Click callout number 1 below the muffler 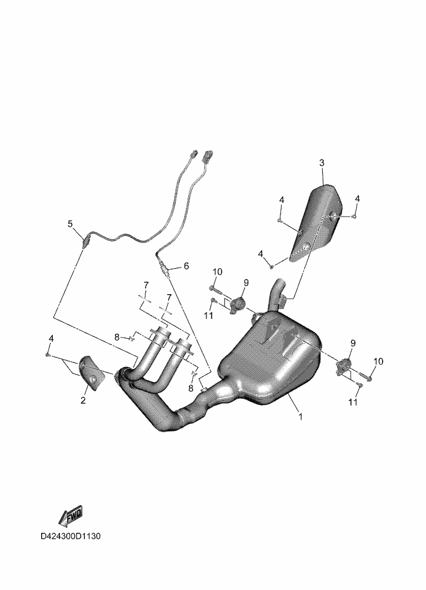tap(300, 416)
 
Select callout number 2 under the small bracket tap(83, 400)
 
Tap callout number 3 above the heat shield tap(322, 163)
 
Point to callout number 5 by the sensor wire tap(70, 224)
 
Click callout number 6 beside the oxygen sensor tap(186, 266)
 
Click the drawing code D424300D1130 tap(71, 536)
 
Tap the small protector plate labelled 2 tap(92, 374)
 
